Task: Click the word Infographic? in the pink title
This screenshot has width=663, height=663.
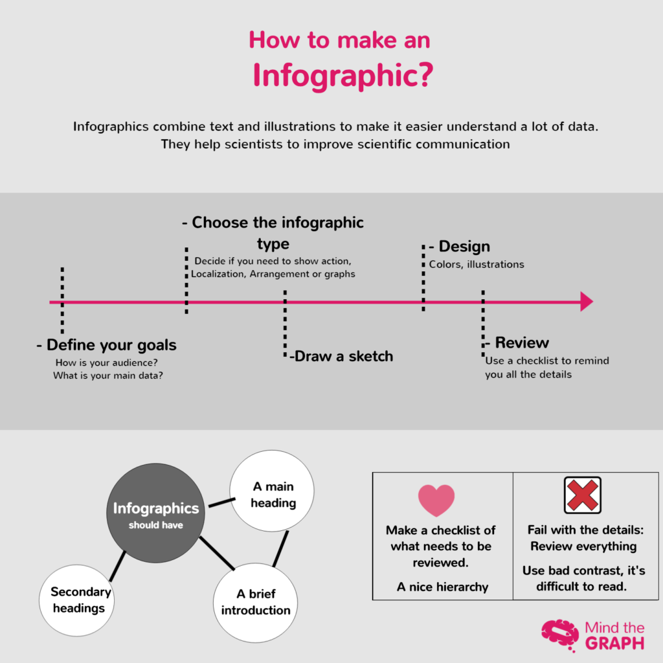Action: point(342,75)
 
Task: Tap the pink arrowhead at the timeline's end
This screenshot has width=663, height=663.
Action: point(586,302)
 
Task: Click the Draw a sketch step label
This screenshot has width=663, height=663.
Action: point(342,356)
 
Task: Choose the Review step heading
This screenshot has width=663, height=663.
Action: point(521,343)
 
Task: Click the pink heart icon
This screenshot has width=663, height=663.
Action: point(436,500)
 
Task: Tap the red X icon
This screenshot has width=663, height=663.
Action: point(582,495)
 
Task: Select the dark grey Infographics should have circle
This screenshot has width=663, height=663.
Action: point(155,513)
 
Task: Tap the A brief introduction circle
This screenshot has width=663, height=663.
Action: point(255,601)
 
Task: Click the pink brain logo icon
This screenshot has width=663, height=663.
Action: point(559,635)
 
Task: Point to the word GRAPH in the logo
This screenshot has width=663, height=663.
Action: point(614,643)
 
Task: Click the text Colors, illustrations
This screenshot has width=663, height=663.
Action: point(476,264)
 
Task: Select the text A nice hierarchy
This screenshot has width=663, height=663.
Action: point(443,587)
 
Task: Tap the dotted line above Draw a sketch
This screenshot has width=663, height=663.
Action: point(285,324)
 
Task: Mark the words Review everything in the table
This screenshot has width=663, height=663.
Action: point(583,546)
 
